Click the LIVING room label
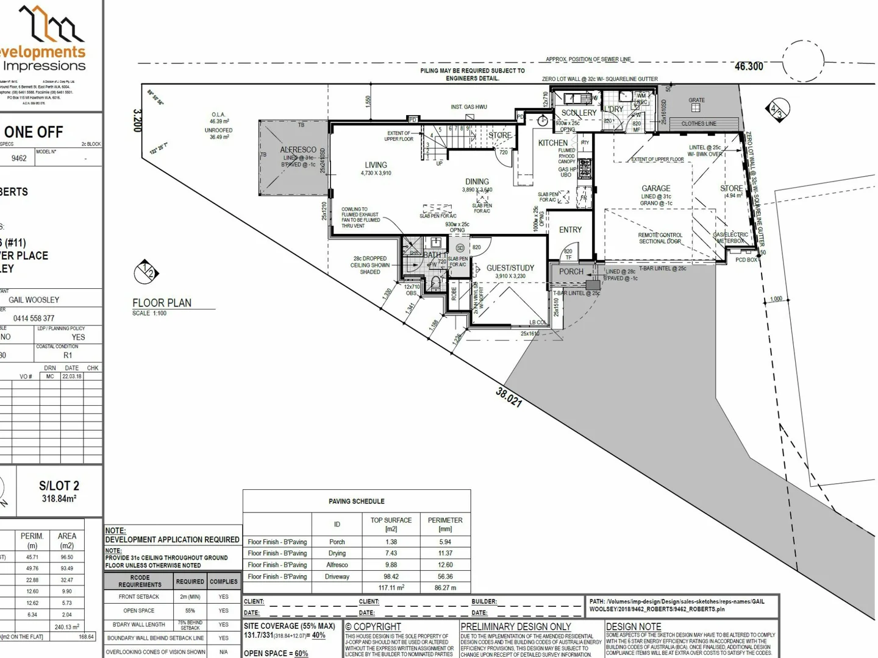click(x=376, y=165)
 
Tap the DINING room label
click(x=477, y=182)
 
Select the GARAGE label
click(x=655, y=189)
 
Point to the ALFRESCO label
click(x=298, y=150)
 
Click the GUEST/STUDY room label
click(x=510, y=268)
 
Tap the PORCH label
click(x=571, y=272)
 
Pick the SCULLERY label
click(x=579, y=113)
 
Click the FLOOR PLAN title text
click(x=162, y=303)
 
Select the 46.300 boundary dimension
click(x=749, y=66)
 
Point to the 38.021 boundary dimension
click(x=509, y=397)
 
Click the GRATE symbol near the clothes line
click(x=696, y=108)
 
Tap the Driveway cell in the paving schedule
click(x=337, y=576)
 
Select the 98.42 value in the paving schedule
click(x=391, y=576)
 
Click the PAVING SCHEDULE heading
click(x=357, y=501)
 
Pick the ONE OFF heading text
click(x=34, y=132)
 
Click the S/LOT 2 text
click(x=59, y=486)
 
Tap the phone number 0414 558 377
click(x=34, y=318)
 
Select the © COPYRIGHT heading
click(x=373, y=626)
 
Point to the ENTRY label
click(x=570, y=230)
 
